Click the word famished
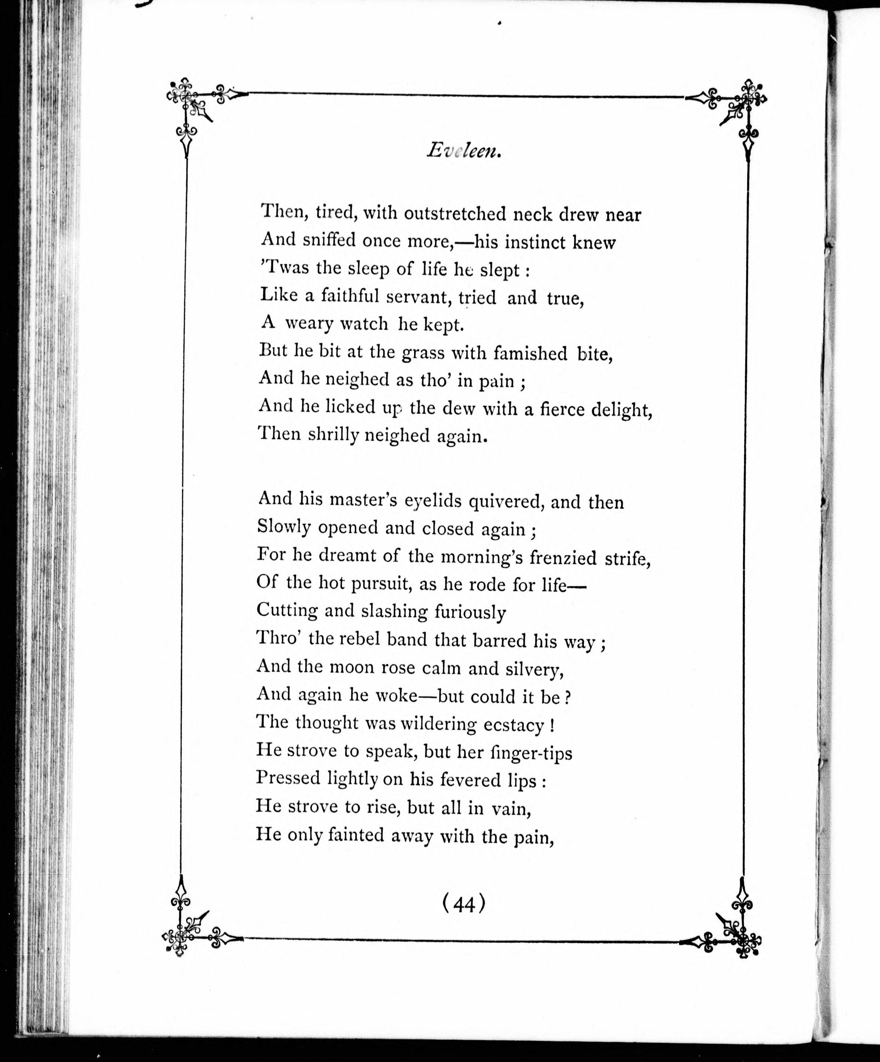[530, 353]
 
